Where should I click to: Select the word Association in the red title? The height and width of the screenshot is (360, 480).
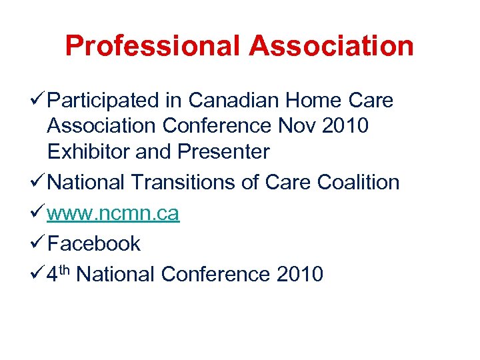click(x=331, y=46)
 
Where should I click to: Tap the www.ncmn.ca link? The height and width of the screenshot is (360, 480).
click(x=113, y=213)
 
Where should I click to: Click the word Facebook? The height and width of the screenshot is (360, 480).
click(x=94, y=243)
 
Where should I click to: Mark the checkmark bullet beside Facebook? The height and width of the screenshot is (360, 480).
click(x=39, y=243)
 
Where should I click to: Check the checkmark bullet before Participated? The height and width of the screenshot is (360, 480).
click(x=39, y=101)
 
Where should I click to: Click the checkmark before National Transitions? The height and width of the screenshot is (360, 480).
click(x=39, y=182)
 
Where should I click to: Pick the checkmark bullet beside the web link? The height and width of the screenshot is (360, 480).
click(x=39, y=213)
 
